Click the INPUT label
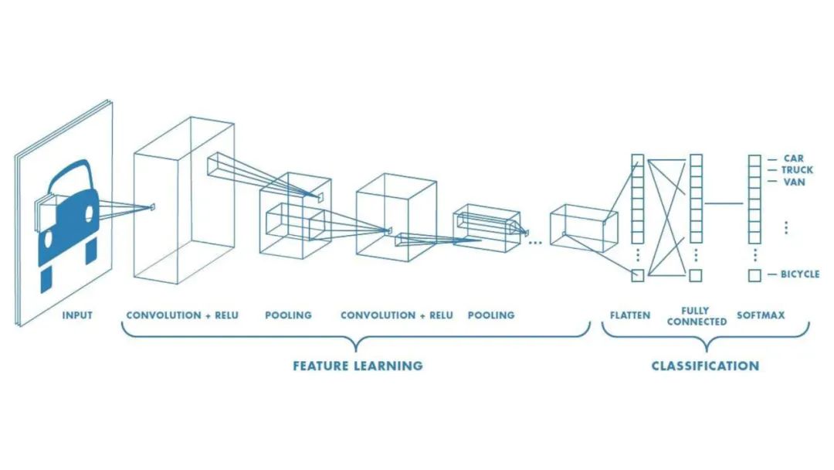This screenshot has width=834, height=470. coord(77,315)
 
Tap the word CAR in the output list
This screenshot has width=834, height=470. coord(793,158)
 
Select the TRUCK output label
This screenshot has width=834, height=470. coord(797,170)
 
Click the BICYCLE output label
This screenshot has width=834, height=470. coord(799,274)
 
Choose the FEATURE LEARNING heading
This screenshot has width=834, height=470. coord(357,366)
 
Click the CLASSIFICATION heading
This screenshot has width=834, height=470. coord(704,366)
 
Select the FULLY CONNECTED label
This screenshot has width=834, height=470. coord(696,315)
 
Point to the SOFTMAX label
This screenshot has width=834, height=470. coord(760,315)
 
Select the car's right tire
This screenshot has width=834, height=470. coord(90,250)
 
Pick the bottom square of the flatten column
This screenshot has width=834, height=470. coord(637,275)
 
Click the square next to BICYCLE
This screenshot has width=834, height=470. coord(754,275)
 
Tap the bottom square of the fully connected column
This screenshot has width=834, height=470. coord(696,275)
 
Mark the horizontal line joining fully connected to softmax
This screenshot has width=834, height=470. coord(724,204)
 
